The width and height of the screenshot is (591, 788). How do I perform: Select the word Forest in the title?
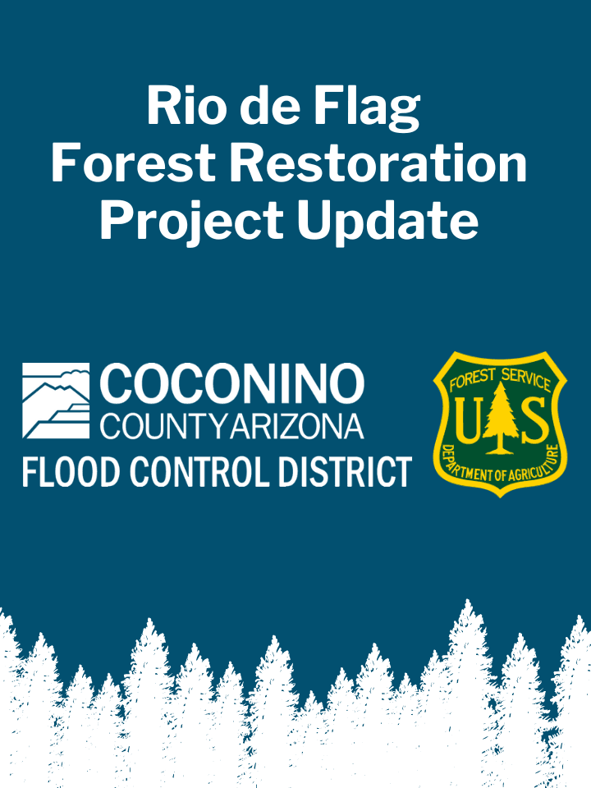pos(133,163)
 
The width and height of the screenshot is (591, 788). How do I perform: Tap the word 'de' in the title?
pos(268,106)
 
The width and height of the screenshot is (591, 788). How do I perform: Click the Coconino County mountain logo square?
pos(56,400)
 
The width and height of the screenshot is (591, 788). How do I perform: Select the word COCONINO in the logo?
pos(231,384)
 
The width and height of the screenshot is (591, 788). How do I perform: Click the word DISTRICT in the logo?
pos(346,472)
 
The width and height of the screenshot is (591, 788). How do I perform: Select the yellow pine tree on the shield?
pos(500,417)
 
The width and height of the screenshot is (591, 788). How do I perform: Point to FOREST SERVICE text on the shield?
pos(500,379)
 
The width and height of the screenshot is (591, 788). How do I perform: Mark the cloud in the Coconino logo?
pos(76,374)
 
